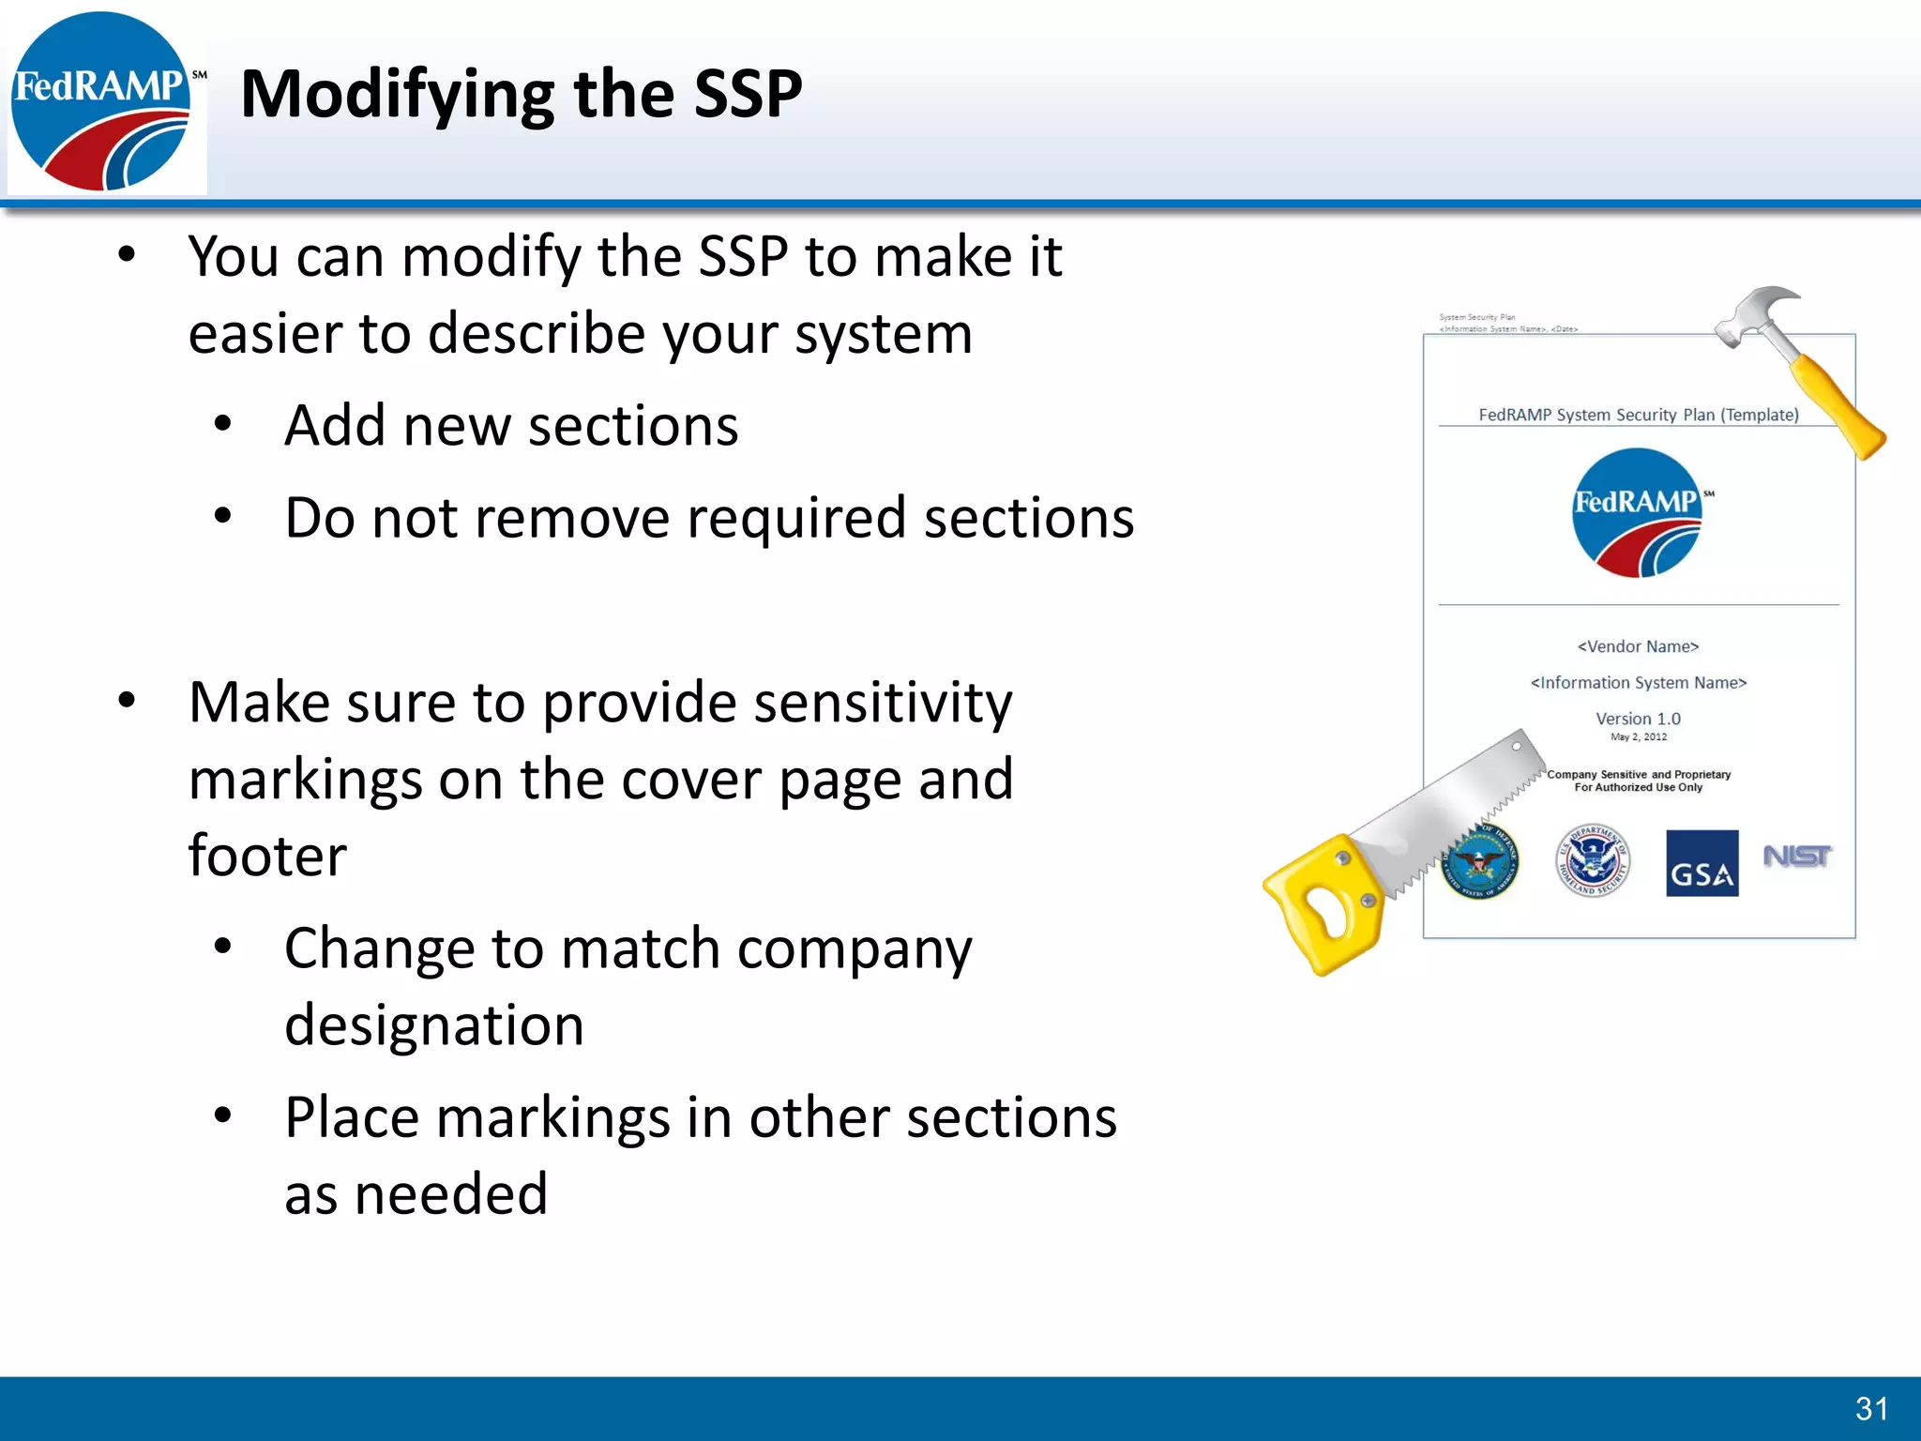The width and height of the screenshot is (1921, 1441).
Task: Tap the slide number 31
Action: [1871, 1408]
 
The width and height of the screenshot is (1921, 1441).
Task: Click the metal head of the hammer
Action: [1757, 313]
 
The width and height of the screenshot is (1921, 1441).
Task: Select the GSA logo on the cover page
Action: [1702, 863]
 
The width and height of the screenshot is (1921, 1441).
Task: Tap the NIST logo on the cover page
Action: [1796, 857]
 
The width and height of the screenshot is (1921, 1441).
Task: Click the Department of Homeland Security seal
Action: [1593, 861]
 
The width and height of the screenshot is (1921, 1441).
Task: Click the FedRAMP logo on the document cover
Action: [1638, 512]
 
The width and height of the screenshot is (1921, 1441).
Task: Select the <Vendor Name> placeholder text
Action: [1638, 646]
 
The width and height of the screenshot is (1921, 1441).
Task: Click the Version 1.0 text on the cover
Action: [1638, 719]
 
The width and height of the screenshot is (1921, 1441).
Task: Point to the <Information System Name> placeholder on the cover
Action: [1638, 683]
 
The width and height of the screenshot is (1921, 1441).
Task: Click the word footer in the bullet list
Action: [267, 856]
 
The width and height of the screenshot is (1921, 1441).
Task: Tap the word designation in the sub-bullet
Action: [434, 1024]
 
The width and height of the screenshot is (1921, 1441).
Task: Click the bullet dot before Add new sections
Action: [222, 424]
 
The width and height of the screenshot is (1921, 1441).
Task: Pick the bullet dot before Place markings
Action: [222, 1115]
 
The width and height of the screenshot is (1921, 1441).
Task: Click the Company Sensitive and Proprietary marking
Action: [1638, 775]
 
